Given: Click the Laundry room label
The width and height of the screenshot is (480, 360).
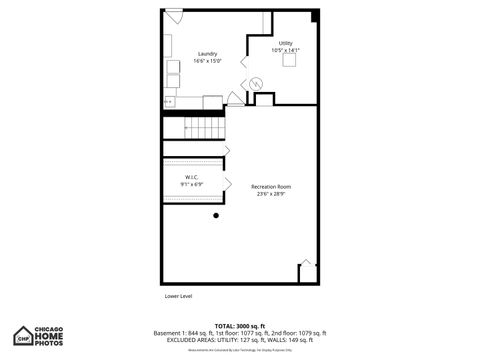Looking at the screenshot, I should [x=208, y=53].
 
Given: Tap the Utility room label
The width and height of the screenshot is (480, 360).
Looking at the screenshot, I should [x=286, y=43].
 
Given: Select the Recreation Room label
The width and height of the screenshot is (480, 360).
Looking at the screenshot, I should [x=270, y=186].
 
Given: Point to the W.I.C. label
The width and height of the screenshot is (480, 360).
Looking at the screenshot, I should [x=192, y=177].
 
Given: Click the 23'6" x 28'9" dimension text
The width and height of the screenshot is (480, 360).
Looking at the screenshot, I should [x=270, y=194].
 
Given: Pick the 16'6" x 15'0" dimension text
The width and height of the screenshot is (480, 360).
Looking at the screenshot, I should [x=208, y=61].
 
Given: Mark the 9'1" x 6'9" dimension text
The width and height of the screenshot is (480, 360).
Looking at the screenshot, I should [x=192, y=185].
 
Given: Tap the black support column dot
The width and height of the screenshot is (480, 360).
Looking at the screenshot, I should [x=217, y=215].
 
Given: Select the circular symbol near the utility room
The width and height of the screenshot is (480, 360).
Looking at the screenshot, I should [x=256, y=83].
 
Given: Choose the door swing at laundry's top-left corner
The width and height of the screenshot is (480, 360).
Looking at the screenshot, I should [x=173, y=17].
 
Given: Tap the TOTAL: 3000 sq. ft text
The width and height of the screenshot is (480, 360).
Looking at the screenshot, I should [x=240, y=326].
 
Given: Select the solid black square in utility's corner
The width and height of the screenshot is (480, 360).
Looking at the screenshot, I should [x=314, y=14].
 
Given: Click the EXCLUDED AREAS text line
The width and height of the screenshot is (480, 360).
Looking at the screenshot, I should [x=240, y=340].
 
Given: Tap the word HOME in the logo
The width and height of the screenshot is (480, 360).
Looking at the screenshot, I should [x=50, y=335].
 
